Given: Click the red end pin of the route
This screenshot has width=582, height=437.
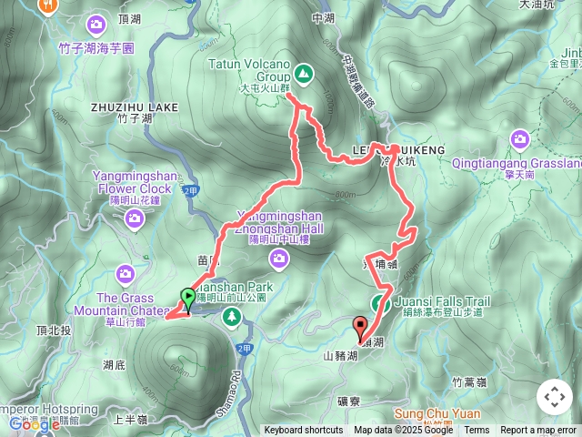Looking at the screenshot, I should coord(360,326).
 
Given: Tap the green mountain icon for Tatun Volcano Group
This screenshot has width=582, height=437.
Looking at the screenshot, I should coord(303,72).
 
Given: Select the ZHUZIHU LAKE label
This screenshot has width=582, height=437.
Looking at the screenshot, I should coord(135,107).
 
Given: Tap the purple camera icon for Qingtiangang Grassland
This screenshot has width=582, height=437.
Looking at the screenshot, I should coord(520,138).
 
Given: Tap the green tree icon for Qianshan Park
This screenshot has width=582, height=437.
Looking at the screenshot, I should coord(233,317).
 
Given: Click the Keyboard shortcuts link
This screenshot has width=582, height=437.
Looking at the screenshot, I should coord(304,431).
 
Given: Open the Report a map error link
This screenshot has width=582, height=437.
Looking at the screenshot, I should coord(538,431).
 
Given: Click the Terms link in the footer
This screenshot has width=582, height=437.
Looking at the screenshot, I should coord(477,431).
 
